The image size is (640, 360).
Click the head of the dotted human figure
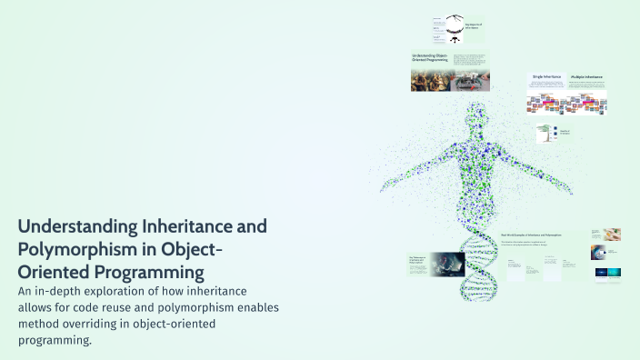pos(476,117)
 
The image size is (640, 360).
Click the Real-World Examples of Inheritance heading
pos(531,235)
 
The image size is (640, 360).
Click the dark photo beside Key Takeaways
pos(447,264)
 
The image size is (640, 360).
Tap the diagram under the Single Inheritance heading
pos(546,105)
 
